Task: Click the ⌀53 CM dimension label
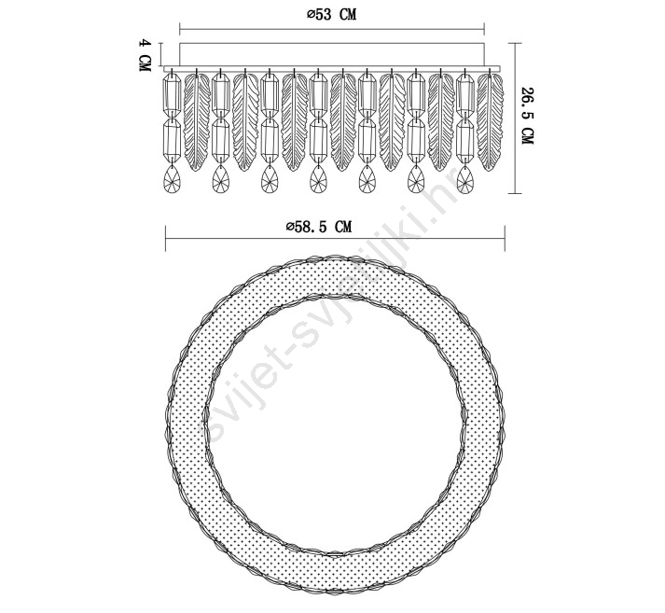(332, 14)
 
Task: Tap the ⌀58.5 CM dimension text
(319, 227)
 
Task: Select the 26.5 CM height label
(527, 116)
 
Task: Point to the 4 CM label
(145, 55)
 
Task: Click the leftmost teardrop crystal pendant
(172, 178)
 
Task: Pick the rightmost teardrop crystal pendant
(465, 178)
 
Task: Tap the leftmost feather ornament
(197, 121)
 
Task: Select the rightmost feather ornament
(491, 121)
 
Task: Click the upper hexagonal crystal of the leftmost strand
(173, 94)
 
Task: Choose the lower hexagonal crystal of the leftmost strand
(173, 140)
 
